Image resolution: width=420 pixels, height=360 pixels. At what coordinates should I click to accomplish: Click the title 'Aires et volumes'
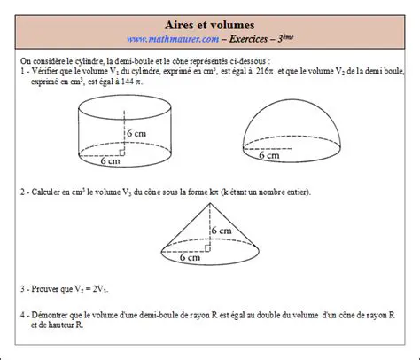pyautogui.click(x=210, y=26)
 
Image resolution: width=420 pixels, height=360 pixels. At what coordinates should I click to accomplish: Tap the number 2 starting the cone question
pyautogui.click(x=20, y=192)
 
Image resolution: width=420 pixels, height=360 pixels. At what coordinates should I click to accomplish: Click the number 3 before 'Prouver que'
pyautogui.click(x=20, y=289)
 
